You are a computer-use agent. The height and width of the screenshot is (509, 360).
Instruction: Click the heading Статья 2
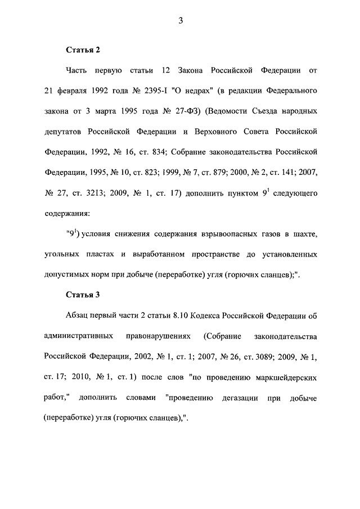(x=83, y=50)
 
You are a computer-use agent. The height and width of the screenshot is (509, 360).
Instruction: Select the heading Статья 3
(x=83, y=294)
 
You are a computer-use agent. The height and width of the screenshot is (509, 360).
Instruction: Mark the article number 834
(x=159, y=152)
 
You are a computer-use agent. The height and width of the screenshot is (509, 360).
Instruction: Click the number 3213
(x=109, y=193)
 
